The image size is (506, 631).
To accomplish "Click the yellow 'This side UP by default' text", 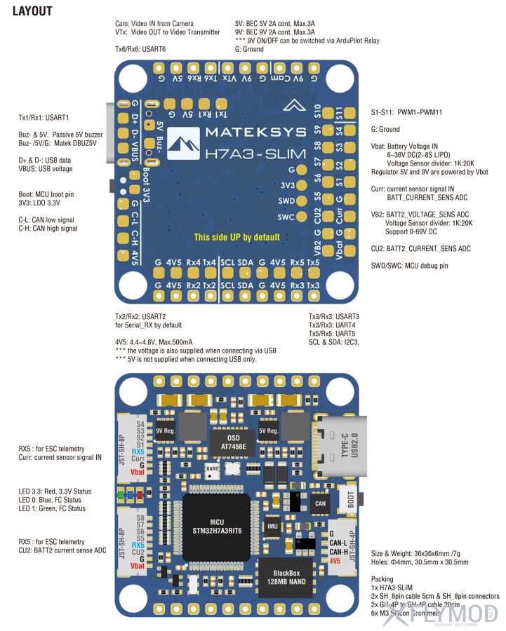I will coord(237,237).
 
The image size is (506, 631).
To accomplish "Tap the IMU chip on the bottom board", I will coord(272,525).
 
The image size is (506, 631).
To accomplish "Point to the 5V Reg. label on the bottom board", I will coord(268,431).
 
